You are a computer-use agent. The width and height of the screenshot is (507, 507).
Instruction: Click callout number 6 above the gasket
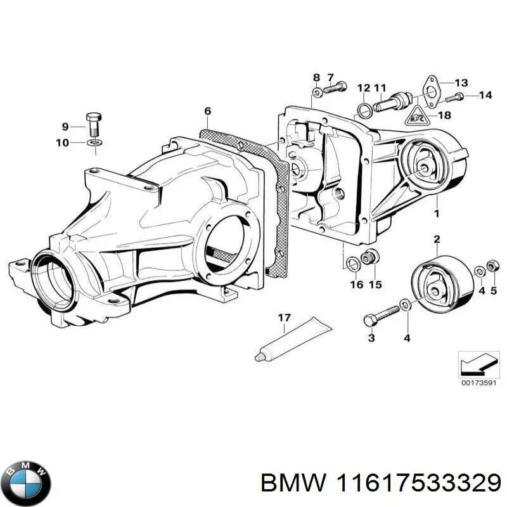(x=207, y=112)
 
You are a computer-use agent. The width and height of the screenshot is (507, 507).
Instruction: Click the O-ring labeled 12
(x=364, y=111)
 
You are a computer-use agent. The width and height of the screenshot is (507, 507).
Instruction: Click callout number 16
(x=357, y=285)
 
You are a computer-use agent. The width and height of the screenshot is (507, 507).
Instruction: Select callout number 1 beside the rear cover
(x=436, y=213)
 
